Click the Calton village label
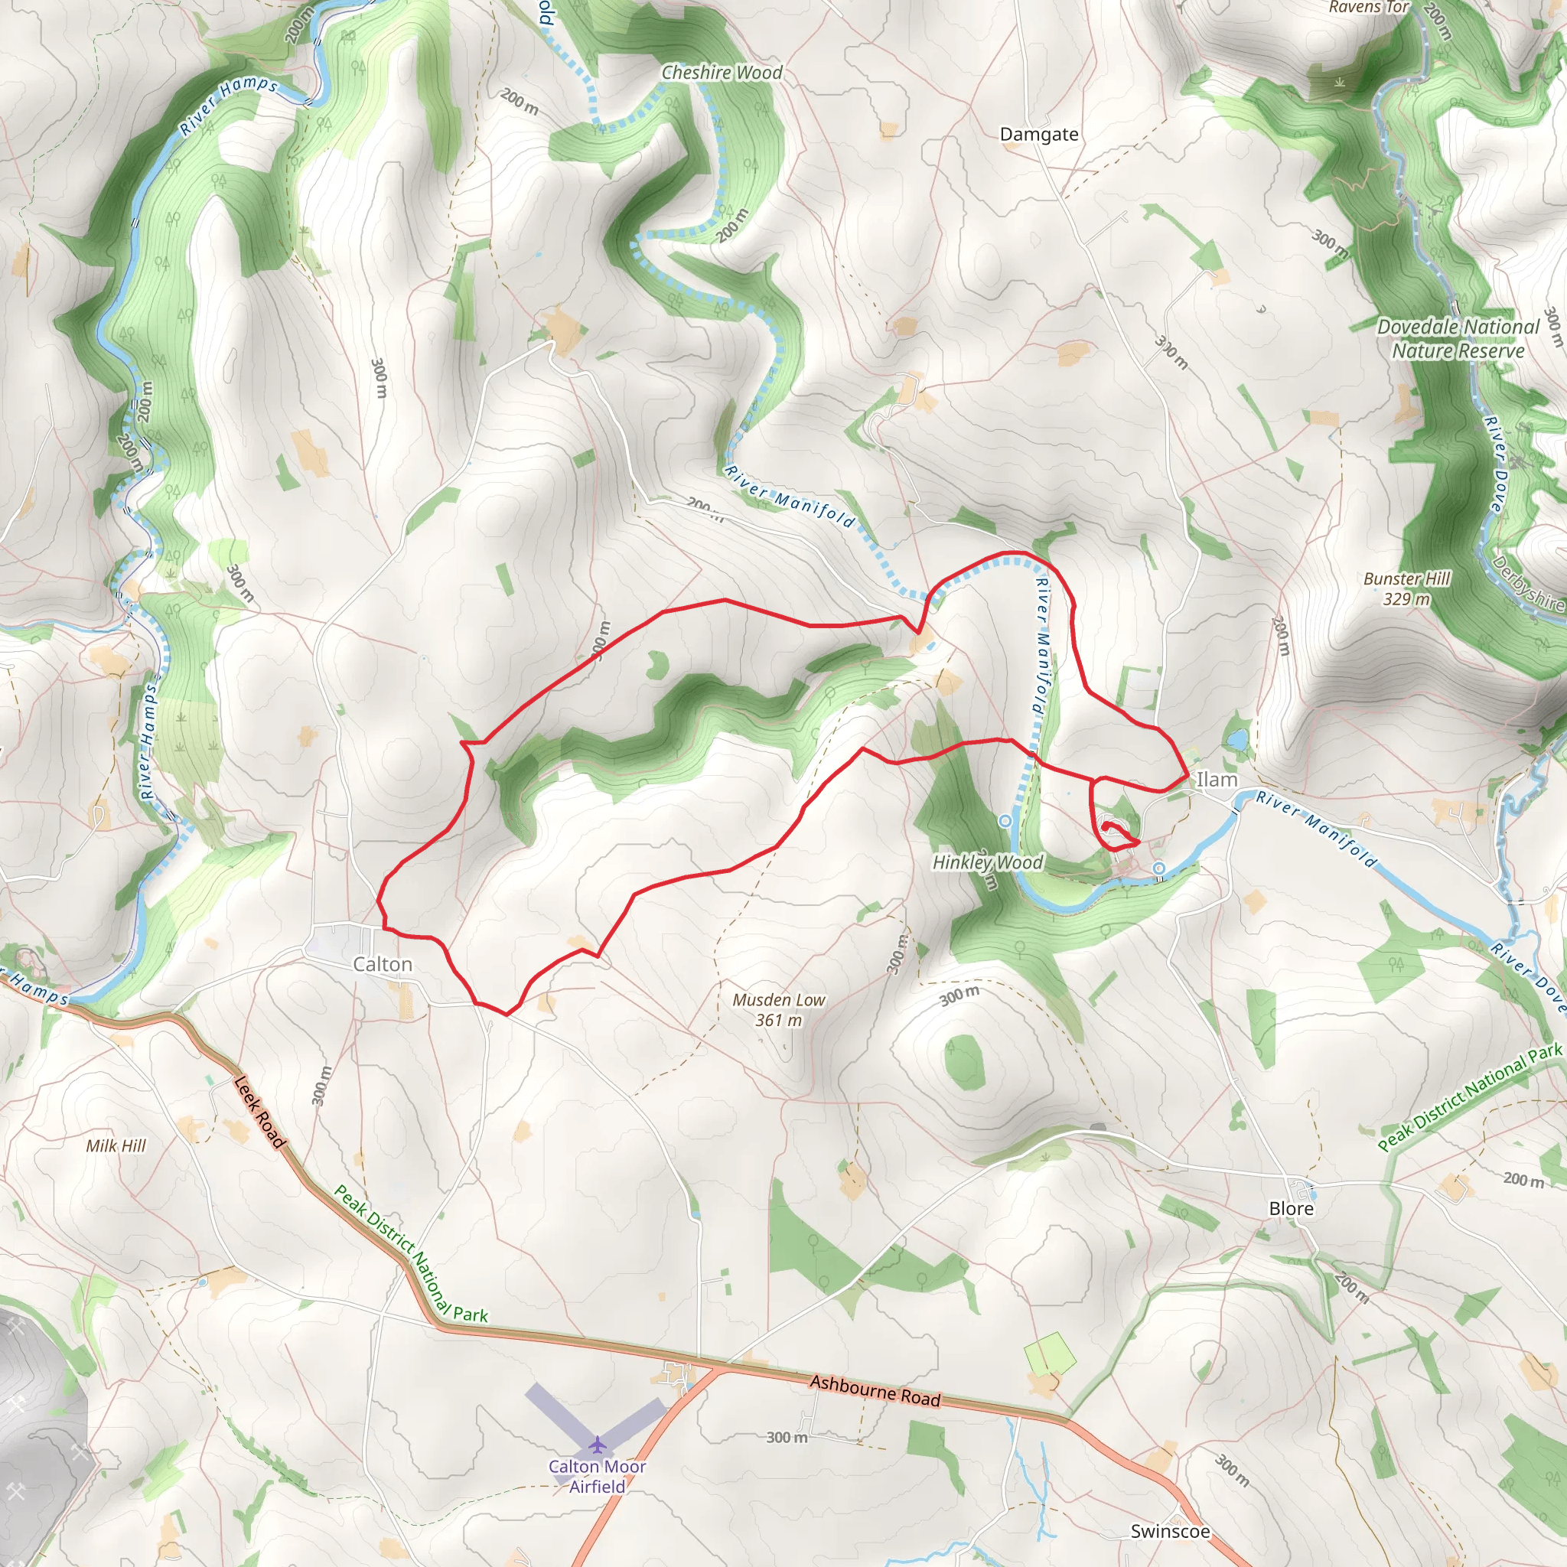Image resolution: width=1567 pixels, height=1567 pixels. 382,964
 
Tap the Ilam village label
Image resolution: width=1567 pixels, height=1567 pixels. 1217,780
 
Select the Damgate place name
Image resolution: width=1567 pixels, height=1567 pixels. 1039,135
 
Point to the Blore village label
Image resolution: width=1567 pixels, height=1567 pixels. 1291,1208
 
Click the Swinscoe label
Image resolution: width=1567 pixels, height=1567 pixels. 1170,1530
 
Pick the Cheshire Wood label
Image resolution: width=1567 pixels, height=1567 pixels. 722,73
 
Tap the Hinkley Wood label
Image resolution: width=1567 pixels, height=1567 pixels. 987,862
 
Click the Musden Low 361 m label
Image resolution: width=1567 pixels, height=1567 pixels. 778,1010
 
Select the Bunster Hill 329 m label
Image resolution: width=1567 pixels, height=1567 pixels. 1406,589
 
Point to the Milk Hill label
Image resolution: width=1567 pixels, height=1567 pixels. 116,1145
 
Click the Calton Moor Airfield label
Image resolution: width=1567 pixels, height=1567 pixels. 597,1476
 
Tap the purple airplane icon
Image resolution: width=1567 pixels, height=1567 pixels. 598,1445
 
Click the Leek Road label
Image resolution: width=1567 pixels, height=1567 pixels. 259,1112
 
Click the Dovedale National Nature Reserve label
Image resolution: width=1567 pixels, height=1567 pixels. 1458,338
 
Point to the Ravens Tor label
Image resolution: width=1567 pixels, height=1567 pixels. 1368,8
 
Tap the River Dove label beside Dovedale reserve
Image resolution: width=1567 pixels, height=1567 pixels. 1495,462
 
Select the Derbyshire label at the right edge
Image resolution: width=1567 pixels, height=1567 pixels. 1529,582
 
